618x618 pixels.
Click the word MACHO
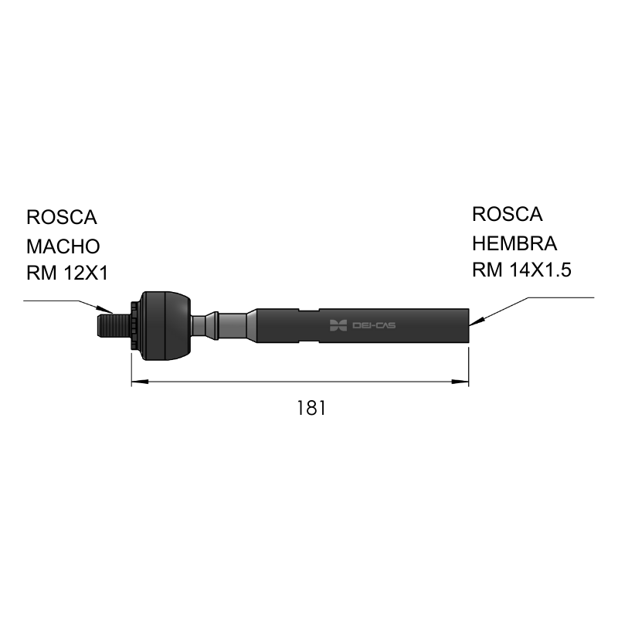[x=63, y=246]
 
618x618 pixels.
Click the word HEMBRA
[x=514, y=243]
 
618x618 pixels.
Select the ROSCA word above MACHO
[x=62, y=217]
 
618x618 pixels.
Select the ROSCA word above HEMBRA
[x=508, y=215]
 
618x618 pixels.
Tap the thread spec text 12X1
[x=86, y=273]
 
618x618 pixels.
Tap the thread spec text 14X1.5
[x=540, y=270]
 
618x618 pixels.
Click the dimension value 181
[x=311, y=408]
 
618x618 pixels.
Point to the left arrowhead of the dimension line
[x=140, y=382]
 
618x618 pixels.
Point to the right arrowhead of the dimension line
[x=460, y=382]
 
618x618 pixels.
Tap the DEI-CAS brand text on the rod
[x=374, y=325]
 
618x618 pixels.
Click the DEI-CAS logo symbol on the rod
[x=338, y=325]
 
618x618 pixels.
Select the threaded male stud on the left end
[x=114, y=325]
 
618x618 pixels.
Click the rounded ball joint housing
[x=166, y=325]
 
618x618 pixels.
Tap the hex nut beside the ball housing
[x=136, y=325]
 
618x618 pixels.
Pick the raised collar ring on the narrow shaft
[x=216, y=325]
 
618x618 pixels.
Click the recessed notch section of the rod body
[x=308, y=325]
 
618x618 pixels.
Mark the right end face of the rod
[x=468, y=325]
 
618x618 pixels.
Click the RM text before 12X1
[x=42, y=273]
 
